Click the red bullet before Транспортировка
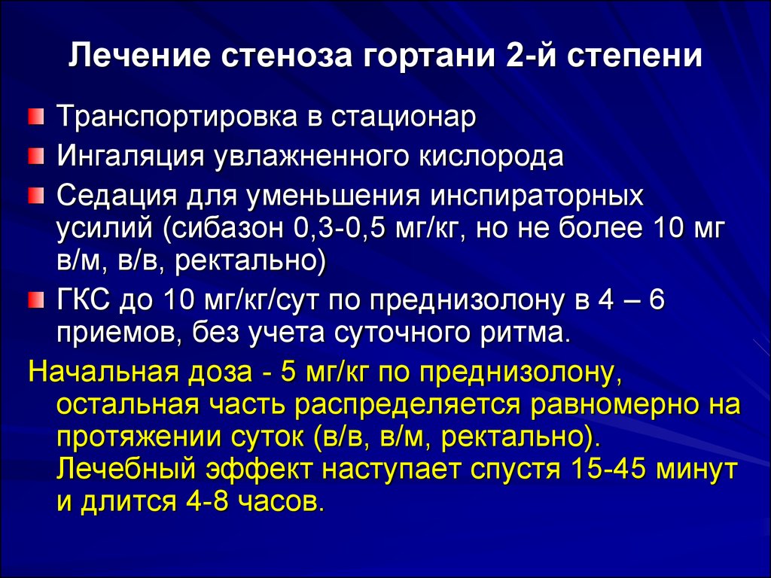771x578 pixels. pos(36,118)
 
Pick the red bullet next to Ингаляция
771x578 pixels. pos(36,158)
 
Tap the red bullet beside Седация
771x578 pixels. pos(36,196)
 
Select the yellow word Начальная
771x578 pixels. pos(105,373)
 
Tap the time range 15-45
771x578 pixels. pos(606,469)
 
